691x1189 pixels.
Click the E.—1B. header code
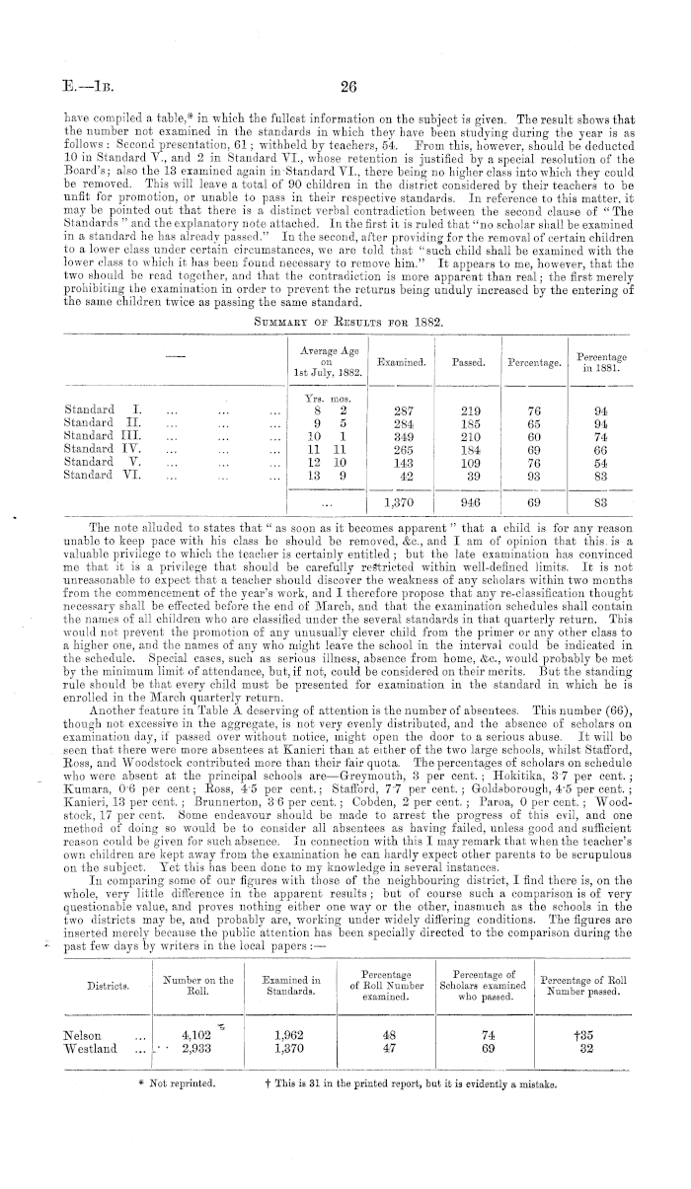tap(82, 87)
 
